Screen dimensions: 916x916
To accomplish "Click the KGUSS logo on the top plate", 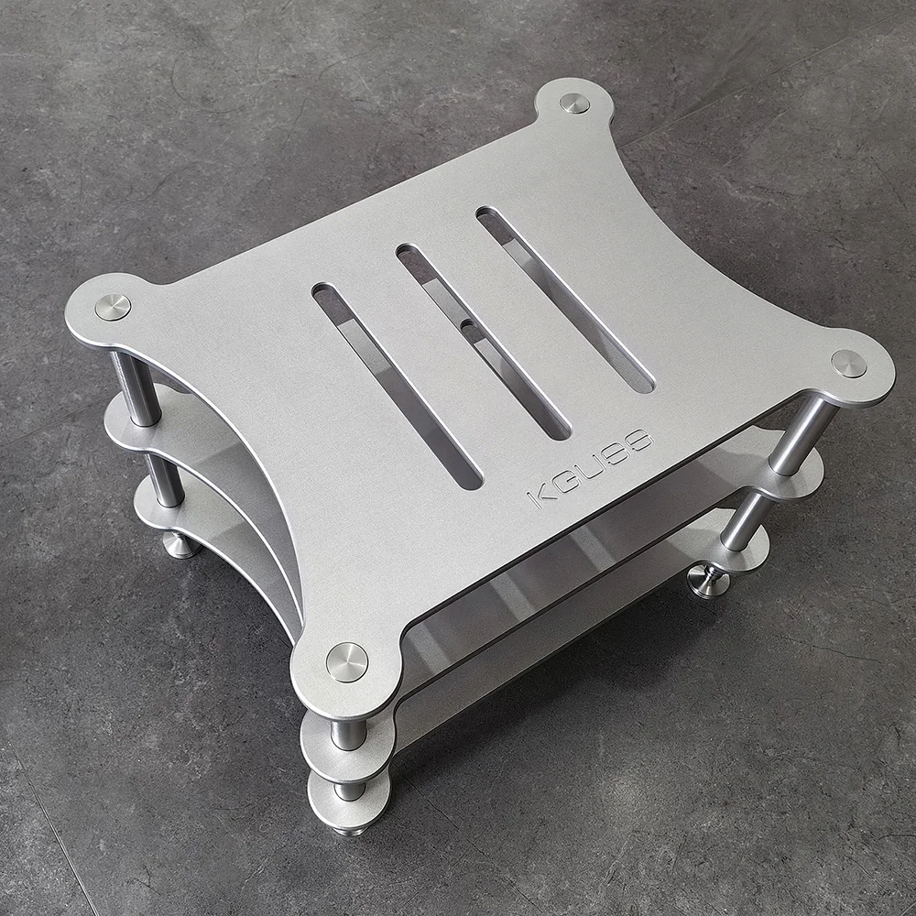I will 591,468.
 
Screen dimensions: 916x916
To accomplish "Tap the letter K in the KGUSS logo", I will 539,497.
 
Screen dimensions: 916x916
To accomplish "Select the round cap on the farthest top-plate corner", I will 574,103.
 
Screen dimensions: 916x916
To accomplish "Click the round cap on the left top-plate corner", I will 113,307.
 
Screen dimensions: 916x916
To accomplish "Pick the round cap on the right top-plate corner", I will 848,364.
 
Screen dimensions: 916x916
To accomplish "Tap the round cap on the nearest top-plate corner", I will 347,661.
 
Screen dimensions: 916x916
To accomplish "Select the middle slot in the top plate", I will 483,340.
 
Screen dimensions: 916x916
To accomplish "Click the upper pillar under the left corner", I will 136,388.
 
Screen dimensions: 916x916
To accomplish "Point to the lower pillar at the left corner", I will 166,480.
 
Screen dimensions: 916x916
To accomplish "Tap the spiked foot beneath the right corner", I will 708,582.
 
